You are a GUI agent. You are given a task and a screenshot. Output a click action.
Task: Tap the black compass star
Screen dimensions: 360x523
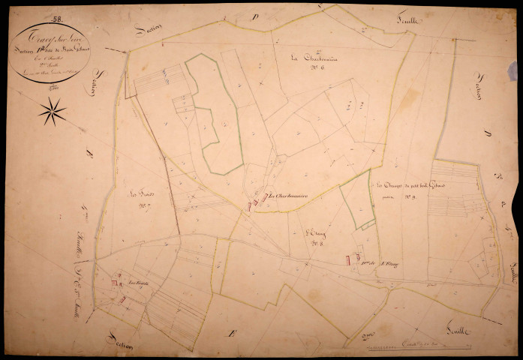[x=53, y=112]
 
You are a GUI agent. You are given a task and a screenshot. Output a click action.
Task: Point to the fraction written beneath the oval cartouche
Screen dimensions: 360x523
[x=54, y=88]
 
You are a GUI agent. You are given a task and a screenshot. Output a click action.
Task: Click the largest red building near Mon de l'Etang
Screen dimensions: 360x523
[x=347, y=259]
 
